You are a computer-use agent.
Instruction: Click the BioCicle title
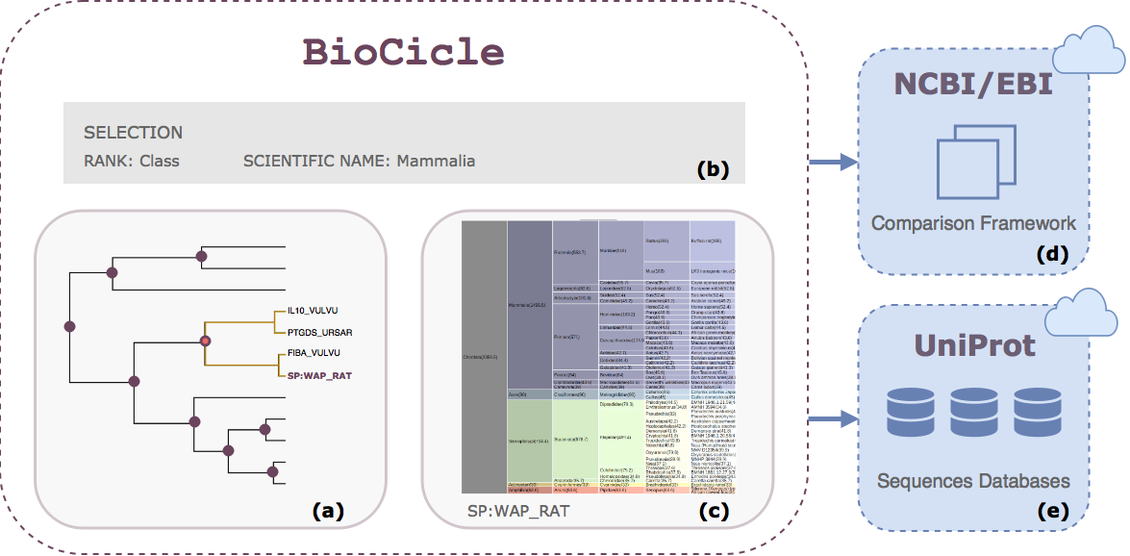pos(404,51)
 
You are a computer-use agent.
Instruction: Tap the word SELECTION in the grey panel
pos(133,132)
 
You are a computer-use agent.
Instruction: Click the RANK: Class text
pos(131,161)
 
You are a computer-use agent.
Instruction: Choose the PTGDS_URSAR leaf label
pos(318,332)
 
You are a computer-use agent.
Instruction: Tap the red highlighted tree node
pos(204,341)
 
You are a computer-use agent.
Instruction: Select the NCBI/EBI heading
pos(972,85)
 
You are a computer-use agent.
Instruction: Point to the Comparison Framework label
pos(973,223)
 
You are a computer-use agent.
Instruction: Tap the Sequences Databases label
pos(973,480)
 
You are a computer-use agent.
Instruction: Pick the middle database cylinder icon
pos(974,412)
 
